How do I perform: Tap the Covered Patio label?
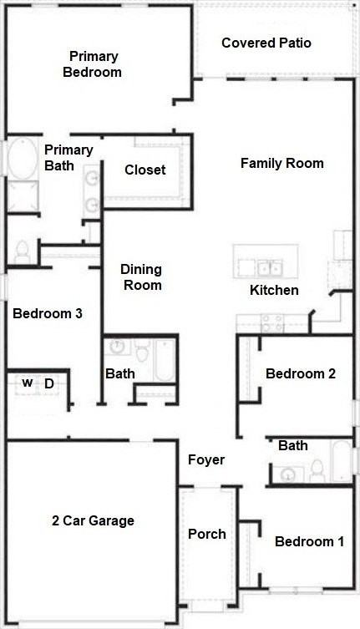click(x=266, y=43)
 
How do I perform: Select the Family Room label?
click(x=281, y=163)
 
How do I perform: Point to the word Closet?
click(x=145, y=170)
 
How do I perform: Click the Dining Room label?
click(x=141, y=277)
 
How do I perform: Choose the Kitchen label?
click(x=274, y=291)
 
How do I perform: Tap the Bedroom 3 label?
click(x=47, y=314)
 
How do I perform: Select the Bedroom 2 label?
click(x=300, y=373)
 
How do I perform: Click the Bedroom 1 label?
click(x=309, y=541)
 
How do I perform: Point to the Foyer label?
click(x=206, y=459)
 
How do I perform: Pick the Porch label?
click(x=206, y=534)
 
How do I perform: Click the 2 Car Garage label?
click(x=93, y=520)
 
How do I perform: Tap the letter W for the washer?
click(x=27, y=383)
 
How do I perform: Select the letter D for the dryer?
click(x=49, y=383)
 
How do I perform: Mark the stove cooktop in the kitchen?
click(x=271, y=321)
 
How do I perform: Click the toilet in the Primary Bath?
click(x=23, y=249)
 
